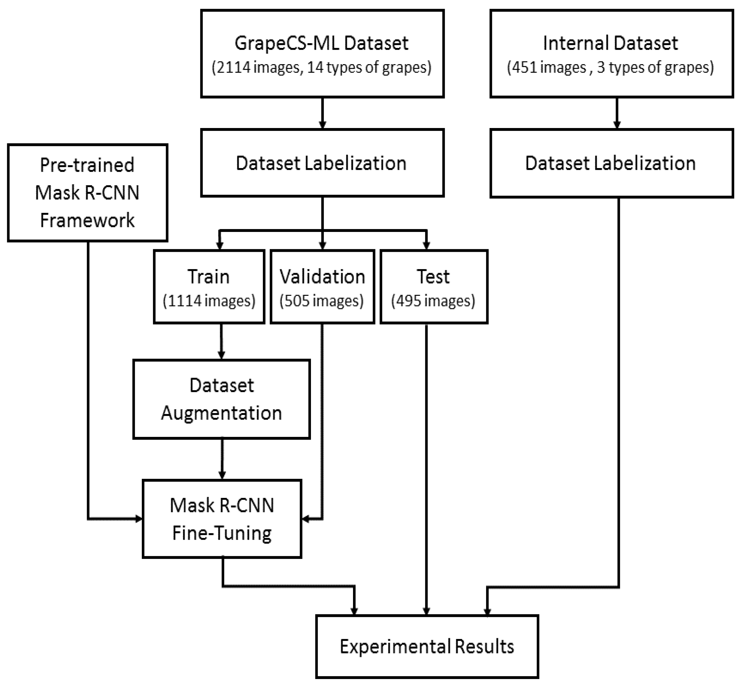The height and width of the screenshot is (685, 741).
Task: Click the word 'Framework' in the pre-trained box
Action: pos(87,221)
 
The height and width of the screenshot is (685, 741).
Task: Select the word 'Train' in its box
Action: pos(209,277)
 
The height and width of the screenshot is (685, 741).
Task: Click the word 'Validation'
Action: pos(322,277)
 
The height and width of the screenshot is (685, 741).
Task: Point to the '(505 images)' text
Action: pos(321,301)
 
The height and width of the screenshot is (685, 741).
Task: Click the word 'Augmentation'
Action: pos(221,413)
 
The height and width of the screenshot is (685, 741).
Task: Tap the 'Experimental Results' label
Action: pos(427,646)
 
